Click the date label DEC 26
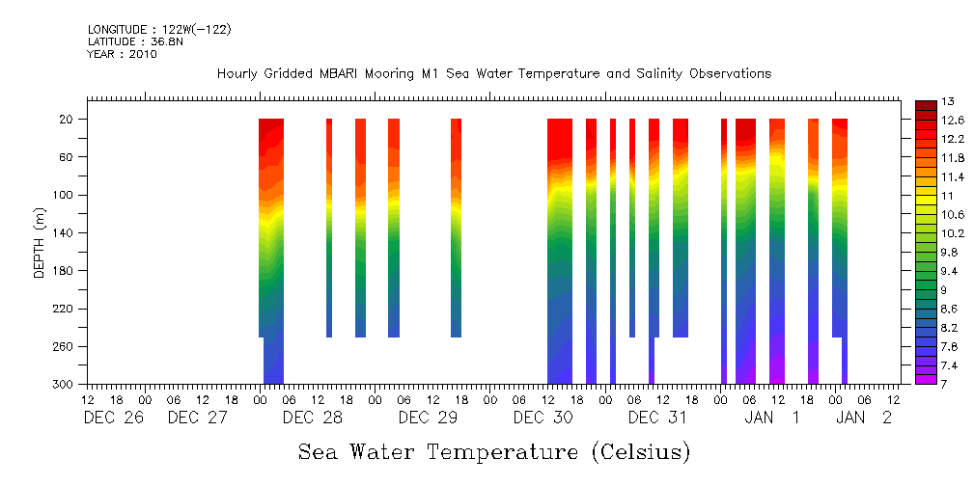tap(114, 418)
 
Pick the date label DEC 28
tap(312, 418)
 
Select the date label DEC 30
tap(543, 418)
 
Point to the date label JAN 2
tap(864, 418)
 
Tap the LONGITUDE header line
tap(159, 30)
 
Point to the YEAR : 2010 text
tap(122, 54)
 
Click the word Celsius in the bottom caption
tap(637, 451)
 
